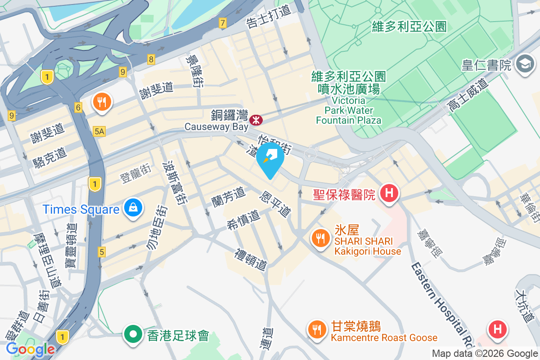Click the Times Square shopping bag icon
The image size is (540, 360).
pos(134,208)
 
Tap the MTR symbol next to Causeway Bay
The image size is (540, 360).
pos(256,120)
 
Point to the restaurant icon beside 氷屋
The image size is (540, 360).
pos(320,238)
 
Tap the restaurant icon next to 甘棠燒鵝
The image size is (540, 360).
pos(318,329)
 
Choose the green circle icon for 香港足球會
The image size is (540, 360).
pos(133,335)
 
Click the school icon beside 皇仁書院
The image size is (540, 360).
pos(525,65)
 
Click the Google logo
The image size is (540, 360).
pos(30,349)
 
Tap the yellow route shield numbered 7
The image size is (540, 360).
pos(222,22)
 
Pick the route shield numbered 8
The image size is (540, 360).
pos(151,58)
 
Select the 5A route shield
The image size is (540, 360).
pos(99,131)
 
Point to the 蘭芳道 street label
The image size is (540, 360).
pos(229,197)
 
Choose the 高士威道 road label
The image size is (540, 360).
pos(468,94)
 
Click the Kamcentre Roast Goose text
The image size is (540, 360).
pos(384,337)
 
